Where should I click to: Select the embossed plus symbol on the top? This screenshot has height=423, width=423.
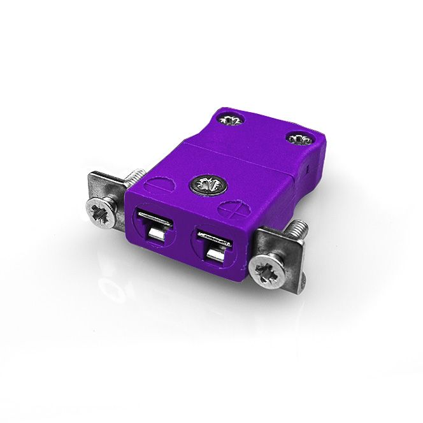[232, 208]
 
